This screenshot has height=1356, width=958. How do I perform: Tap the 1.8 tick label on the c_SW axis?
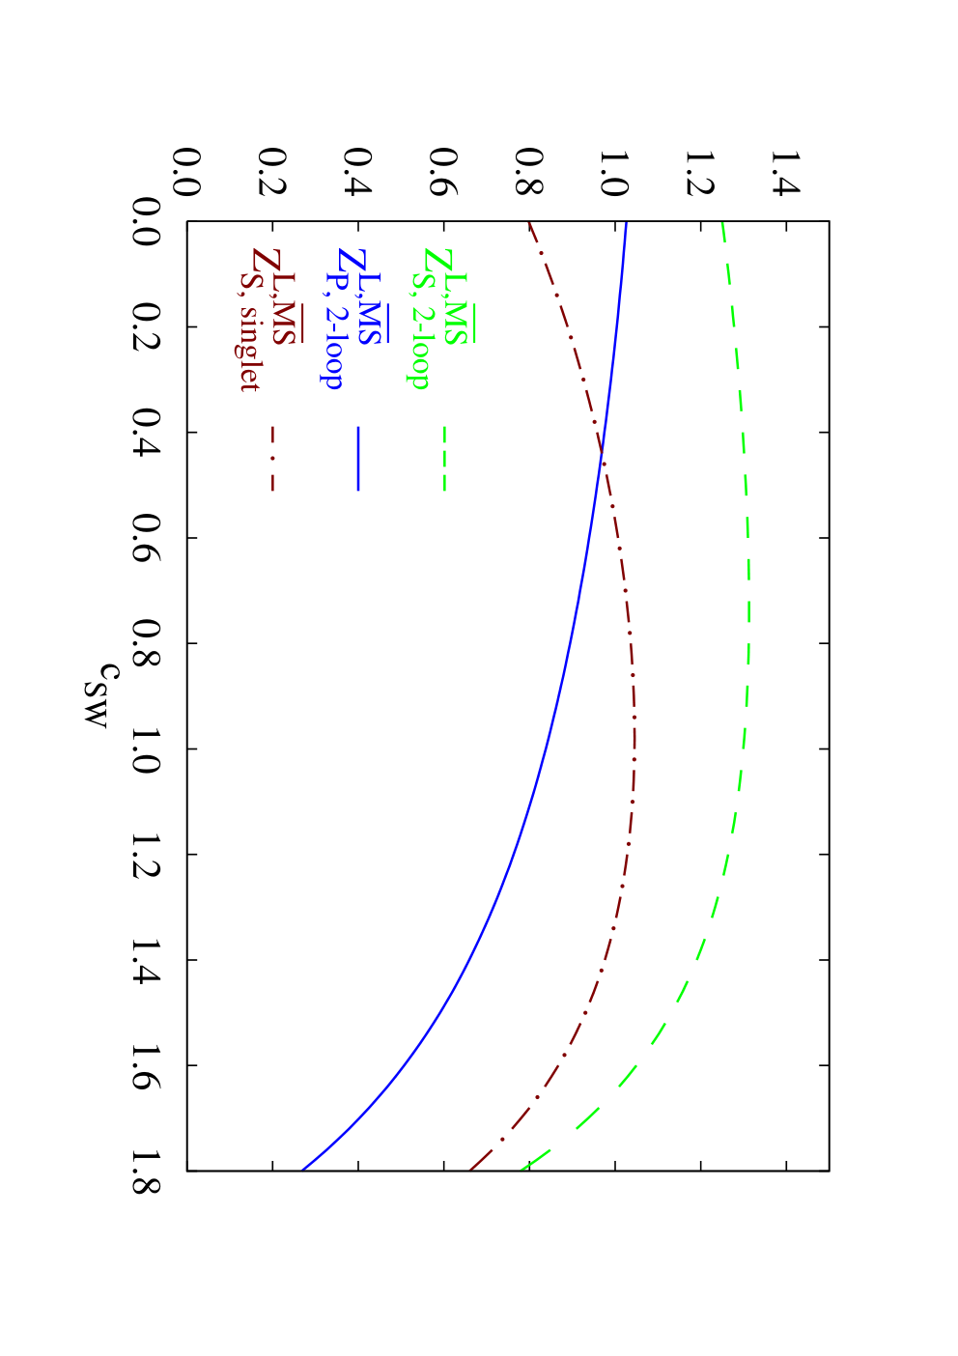(146, 1172)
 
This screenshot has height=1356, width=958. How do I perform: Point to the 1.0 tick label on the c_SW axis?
(146, 749)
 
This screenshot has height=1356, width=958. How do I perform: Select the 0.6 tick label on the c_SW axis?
(146, 538)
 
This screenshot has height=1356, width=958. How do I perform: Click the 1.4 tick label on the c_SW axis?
(146, 960)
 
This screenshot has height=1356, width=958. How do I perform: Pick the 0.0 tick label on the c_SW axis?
(146, 221)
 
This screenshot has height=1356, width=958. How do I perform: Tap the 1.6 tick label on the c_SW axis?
(146, 1065)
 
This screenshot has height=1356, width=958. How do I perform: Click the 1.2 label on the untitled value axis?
(700, 173)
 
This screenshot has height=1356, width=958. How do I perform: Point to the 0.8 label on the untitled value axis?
(529, 173)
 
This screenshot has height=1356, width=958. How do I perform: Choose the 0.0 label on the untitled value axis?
(186, 173)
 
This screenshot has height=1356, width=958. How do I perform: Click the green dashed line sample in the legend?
(445, 458)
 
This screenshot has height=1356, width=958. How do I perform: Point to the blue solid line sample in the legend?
(358, 458)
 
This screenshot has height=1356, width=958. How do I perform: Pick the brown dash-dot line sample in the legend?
(272, 458)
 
